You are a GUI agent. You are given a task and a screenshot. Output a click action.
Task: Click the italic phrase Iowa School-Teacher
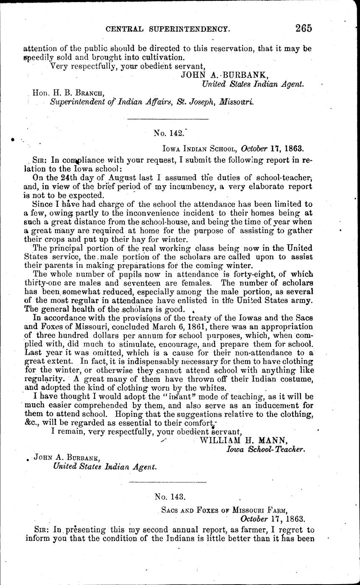click(x=265, y=449)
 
